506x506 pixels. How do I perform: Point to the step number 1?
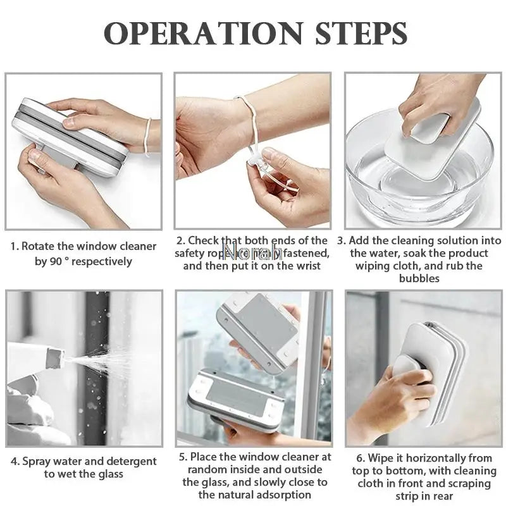[14, 246]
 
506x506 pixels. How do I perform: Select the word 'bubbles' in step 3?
[419, 278]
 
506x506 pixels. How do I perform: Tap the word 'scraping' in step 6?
[465, 483]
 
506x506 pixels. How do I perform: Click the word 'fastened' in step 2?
[306, 253]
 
